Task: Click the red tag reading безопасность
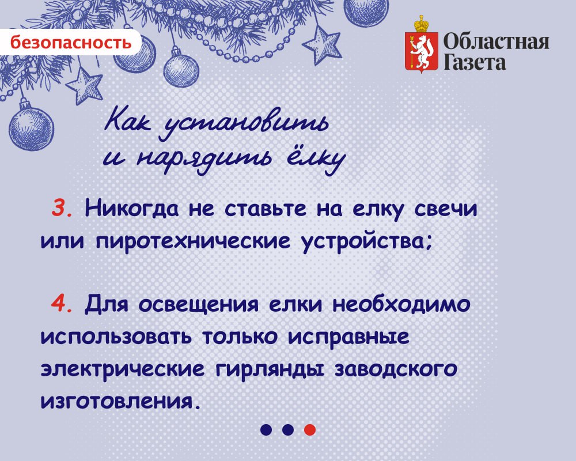(70, 42)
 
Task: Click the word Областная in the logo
(497, 42)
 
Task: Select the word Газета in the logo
(475, 62)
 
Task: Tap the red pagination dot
(310, 429)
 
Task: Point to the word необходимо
(401, 305)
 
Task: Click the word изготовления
(121, 402)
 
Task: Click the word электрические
(122, 369)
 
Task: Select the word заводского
(396, 369)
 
